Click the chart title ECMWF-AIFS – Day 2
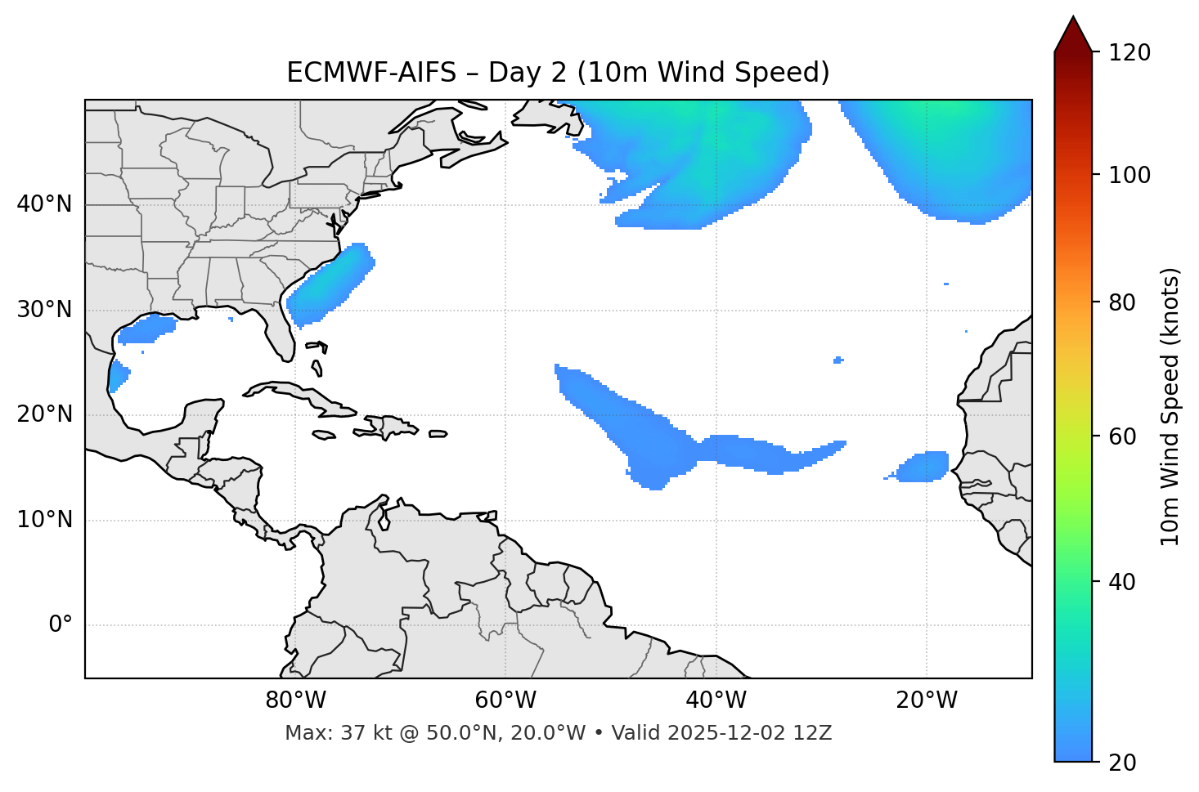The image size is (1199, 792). coord(558,73)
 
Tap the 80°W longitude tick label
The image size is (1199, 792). coord(295,700)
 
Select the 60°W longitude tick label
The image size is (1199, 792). coord(505,700)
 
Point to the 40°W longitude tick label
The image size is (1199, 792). coord(716,700)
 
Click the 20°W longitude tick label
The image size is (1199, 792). coord(927,700)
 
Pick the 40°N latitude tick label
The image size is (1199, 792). coord(44,204)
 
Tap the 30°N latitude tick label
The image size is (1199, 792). coord(44,310)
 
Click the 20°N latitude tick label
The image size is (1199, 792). coord(44,414)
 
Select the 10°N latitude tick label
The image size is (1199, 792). coord(44,520)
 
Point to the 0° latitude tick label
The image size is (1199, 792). coord(60,625)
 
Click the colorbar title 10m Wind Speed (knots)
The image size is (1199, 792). coord(1170,407)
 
